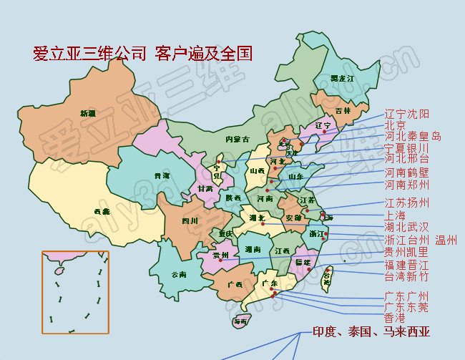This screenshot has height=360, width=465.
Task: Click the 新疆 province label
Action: pos(87,113)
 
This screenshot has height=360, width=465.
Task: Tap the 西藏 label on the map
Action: pos(102,211)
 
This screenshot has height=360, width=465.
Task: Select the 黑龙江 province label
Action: pos(342,78)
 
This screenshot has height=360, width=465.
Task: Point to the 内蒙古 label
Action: pos(237,139)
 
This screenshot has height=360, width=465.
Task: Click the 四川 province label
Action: pos(189,220)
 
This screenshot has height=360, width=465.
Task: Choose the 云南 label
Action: pos(179,274)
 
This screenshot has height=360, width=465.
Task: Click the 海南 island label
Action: pos(240,322)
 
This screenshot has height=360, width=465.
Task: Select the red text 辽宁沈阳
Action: pos(407,114)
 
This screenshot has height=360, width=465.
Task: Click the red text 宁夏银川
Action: pos(406,147)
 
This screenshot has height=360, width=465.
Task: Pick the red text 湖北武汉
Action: pos(406,227)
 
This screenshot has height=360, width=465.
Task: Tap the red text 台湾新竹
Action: pos(406,276)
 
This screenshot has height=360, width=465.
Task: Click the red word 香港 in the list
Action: pos(395,318)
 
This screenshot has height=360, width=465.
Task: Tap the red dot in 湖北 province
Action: pos(263,224)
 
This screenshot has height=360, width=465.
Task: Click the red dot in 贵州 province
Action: pos(220,260)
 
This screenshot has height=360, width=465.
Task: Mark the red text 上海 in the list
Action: pos(395,215)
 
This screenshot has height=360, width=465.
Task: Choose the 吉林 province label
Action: pos(343,111)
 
